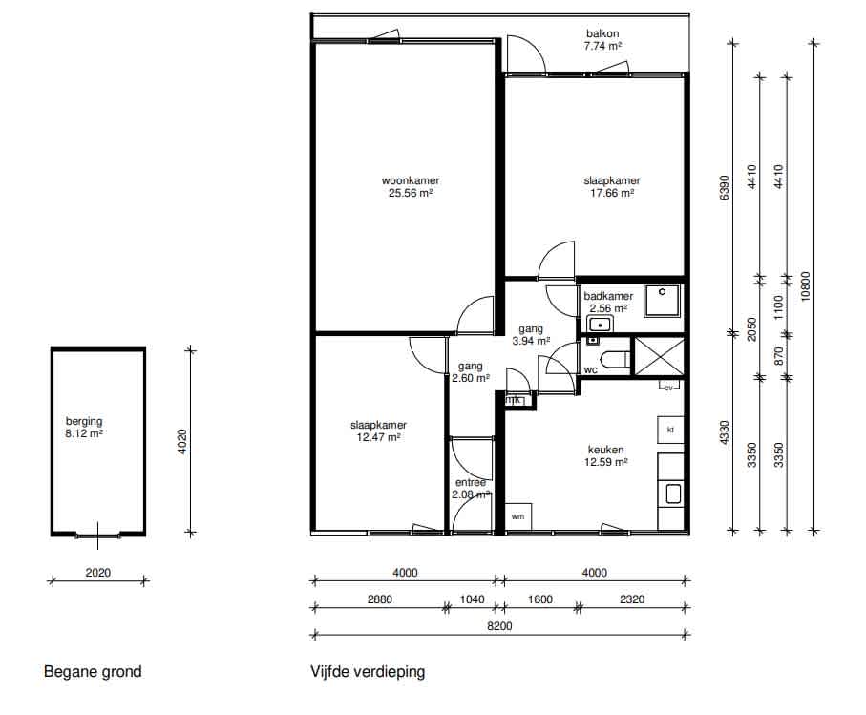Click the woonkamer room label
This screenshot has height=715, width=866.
pyautogui.click(x=411, y=180)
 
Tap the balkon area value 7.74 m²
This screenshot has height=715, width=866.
pyautogui.click(x=602, y=47)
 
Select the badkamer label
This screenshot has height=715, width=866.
pyautogui.click(x=608, y=296)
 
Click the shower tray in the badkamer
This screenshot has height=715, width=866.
pyautogui.click(x=663, y=301)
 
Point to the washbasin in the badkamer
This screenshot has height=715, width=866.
pyautogui.click(x=600, y=325)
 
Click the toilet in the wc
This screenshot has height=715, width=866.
pyautogui.click(x=617, y=360)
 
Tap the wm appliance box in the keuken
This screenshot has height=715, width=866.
pyautogui.click(x=518, y=516)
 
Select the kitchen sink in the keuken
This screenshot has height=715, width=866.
pyautogui.click(x=673, y=494)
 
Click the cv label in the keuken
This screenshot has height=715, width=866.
pyautogui.click(x=668, y=388)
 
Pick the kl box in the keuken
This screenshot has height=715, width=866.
pyautogui.click(x=670, y=430)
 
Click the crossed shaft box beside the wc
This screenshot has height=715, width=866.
pyautogui.click(x=659, y=357)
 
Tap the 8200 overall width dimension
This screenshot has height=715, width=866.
pyautogui.click(x=499, y=626)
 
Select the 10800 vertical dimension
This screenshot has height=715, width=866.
pyautogui.click(x=805, y=285)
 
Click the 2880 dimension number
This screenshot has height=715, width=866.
pyautogui.click(x=380, y=599)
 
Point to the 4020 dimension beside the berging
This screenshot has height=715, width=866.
pyautogui.click(x=182, y=442)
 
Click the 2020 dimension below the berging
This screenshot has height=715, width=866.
pyautogui.click(x=97, y=573)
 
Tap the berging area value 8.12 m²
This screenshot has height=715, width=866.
pyautogui.click(x=84, y=433)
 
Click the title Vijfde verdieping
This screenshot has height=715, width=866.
pyautogui.click(x=368, y=672)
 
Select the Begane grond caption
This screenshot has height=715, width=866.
pyautogui.click(x=93, y=672)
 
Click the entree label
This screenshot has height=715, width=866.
pyautogui.click(x=471, y=483)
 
